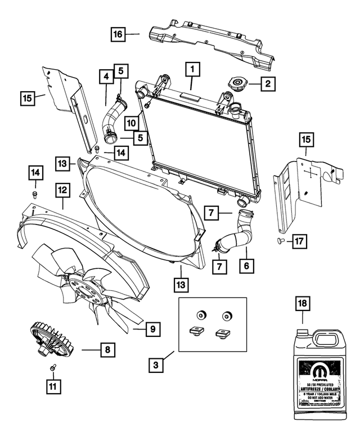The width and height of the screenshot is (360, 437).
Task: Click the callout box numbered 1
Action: point(192,70)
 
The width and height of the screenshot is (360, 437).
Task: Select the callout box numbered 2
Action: point(268,84)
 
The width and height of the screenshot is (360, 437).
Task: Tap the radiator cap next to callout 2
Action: point(236,85)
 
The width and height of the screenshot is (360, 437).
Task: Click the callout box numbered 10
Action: point(130,121)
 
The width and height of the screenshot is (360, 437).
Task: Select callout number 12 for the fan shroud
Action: point(62,191)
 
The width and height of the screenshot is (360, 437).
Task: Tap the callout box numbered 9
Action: point(152,328)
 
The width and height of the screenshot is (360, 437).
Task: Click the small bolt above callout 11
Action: point(53,367)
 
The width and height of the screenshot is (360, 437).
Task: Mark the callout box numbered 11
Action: point(53,386)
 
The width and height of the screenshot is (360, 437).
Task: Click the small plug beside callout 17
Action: point(279,241)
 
